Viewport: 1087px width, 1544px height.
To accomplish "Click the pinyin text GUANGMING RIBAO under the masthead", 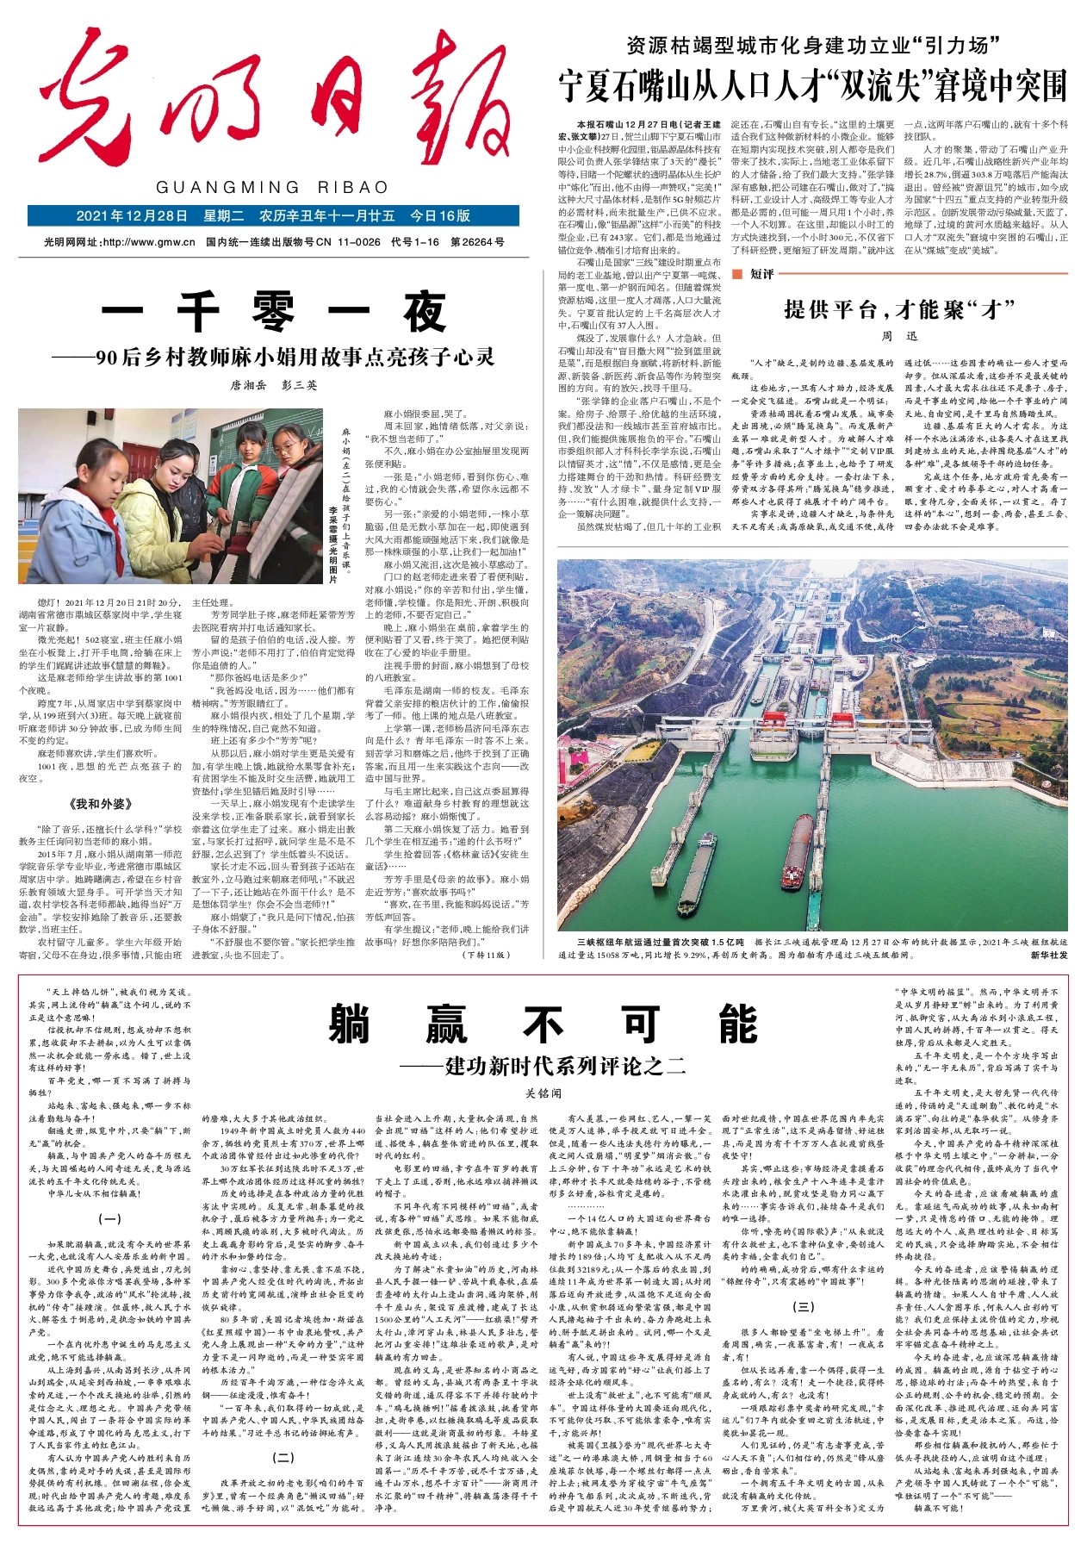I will coord(272,187).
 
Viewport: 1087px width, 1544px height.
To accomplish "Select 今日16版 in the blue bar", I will coord(440,216).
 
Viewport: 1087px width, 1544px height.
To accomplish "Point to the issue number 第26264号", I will coord(478,242).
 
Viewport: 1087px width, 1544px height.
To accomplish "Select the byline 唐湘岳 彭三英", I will coord(273,385).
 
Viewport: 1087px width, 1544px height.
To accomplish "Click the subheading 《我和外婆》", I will coord(101,804).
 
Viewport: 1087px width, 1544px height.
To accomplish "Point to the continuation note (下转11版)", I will coord(488,955).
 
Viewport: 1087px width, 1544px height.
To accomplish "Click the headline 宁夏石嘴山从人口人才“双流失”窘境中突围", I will coord(812,86).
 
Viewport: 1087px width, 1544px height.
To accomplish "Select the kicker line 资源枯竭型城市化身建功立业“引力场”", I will coord(812,45).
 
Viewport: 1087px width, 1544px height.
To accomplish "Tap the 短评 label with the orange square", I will coord(755,274).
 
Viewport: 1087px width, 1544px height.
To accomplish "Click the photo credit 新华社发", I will coord(1048,955).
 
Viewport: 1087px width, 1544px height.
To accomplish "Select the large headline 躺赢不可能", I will coord(543,1024).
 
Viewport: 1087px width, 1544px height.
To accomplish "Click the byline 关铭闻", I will coord(543,1093).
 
